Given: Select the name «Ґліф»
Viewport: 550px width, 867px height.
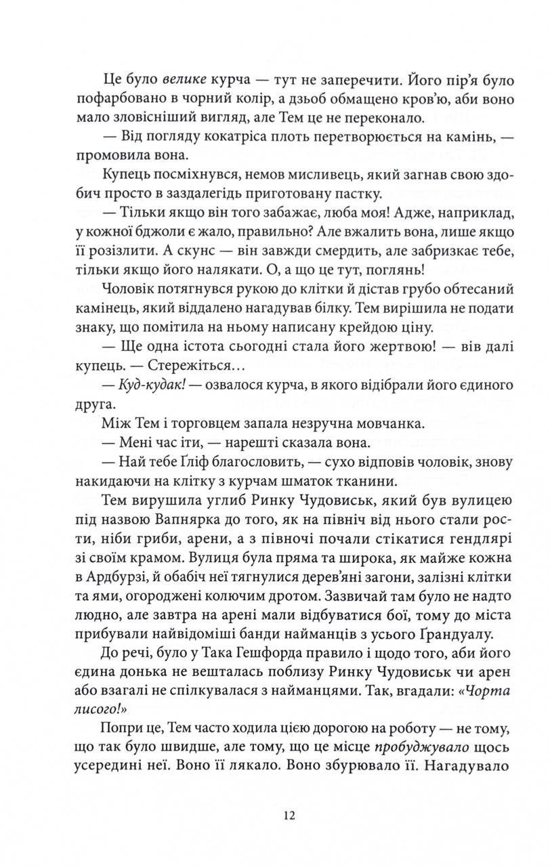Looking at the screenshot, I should [x=186, y=463].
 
